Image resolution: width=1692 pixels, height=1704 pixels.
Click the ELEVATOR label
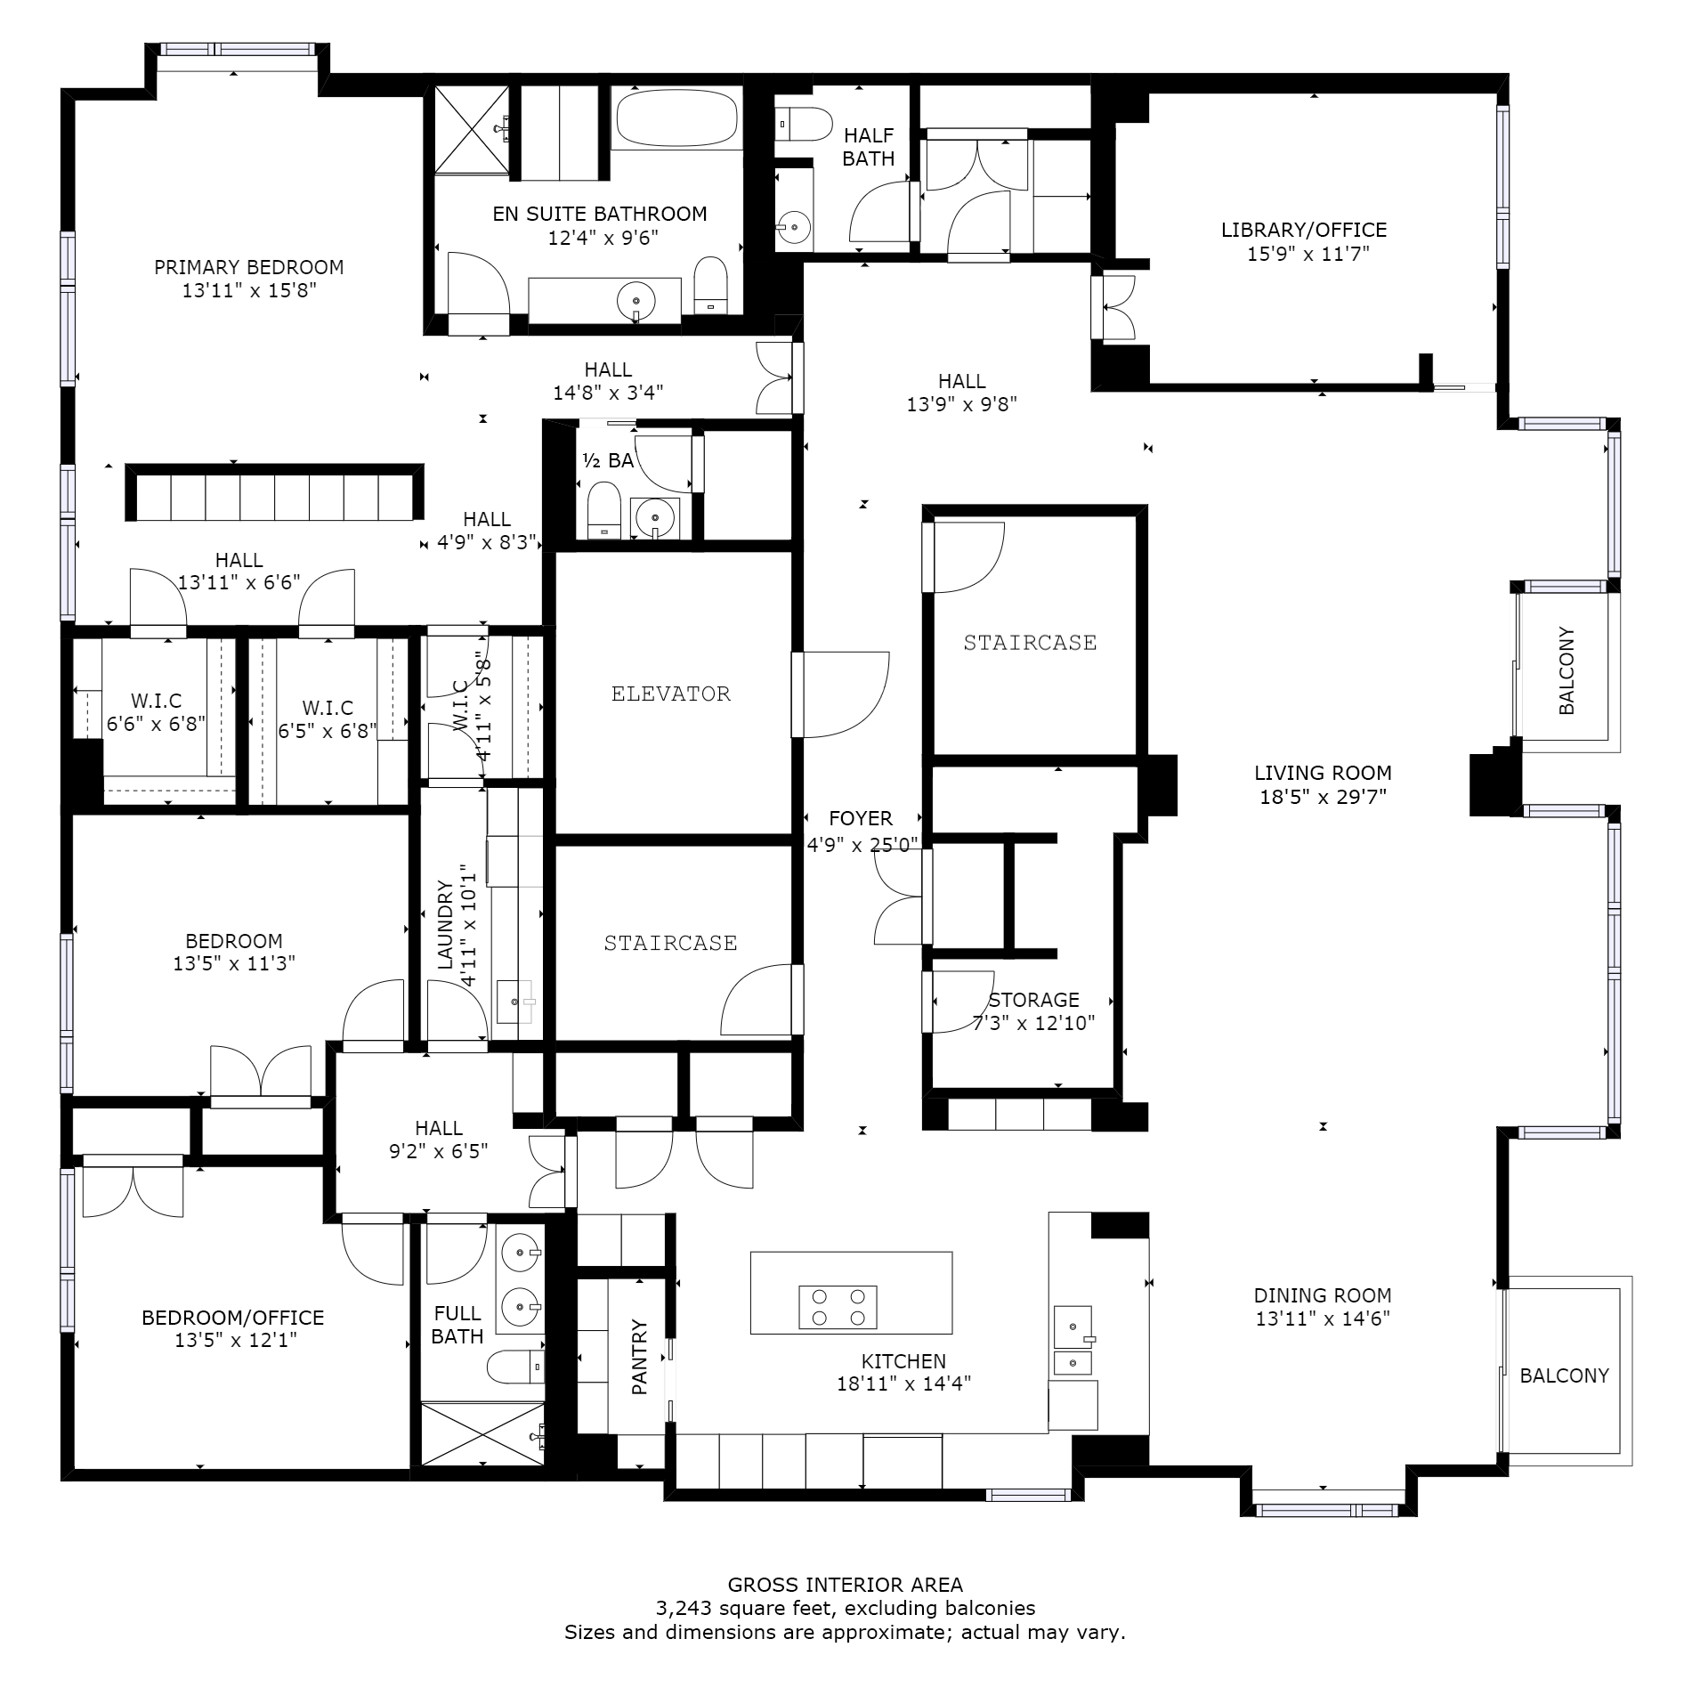pyautogui.click(x=671, y=694)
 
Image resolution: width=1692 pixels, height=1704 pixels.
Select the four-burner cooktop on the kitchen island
pyautogui.click(x=838, y=1307)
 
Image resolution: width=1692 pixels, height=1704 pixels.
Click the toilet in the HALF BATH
pyautogui.click(x=803, y=125)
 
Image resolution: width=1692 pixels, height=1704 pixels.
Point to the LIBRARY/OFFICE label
pyautogui.click(x=1304, y=230)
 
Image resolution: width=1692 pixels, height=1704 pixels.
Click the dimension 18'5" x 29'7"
pyautogui.click(x=1324, y=797)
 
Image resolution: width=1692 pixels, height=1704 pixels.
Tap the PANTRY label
pyautogui.click(x=640, y=1357)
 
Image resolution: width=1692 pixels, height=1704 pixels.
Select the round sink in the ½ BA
pyautogui.click(x=655, y=517)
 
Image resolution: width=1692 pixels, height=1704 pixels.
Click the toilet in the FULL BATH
pyautogui.click(x=516, y=1367)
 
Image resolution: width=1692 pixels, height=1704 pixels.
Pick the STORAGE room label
pyautogui.click(x=1034, y=1000)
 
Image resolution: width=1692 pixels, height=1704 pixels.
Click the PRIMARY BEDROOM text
pyautogui.click(x=249, y=267)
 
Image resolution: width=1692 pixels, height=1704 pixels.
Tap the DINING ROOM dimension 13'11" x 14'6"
pyautogui.click(x=1323, y=1319)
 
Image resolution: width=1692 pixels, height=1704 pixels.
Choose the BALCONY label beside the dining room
pyautogui.click(x=1565, y=1375)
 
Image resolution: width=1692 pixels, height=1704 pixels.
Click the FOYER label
pyautogui.click(x=861, y=818)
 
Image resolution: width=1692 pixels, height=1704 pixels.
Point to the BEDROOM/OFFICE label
pyautogui.click(x=233, y=1318)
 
